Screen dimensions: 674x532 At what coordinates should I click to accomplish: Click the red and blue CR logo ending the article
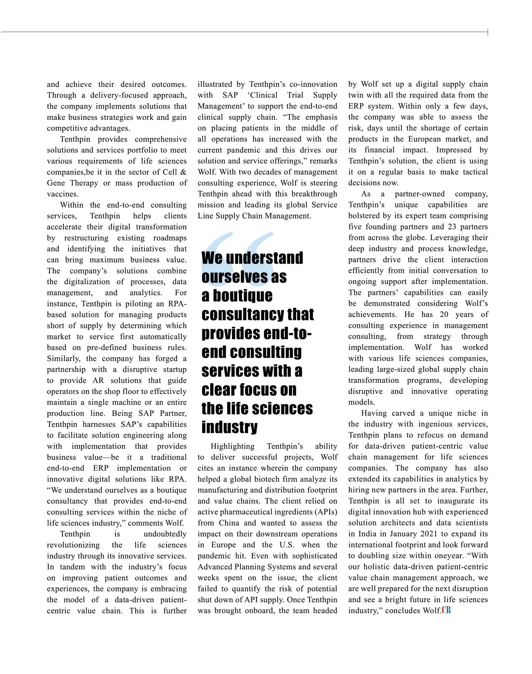[x=446, y=610]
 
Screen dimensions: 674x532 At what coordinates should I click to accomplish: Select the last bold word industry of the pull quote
[x=229, y=427]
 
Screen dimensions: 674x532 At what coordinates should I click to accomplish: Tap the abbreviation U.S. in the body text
[x=287, y=545]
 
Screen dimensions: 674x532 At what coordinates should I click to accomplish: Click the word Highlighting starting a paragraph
[x=232, y=446]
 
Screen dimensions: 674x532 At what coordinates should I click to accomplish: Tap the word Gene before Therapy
[x=56, y=183]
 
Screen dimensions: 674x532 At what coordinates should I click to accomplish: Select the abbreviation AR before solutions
[x=98, y=380]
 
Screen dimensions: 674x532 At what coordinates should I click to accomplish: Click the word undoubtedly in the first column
[x=165, y=534]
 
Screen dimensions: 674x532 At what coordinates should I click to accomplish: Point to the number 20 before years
[x=444, y=314]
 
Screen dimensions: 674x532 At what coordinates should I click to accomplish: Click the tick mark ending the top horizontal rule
[x=488, y=32]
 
